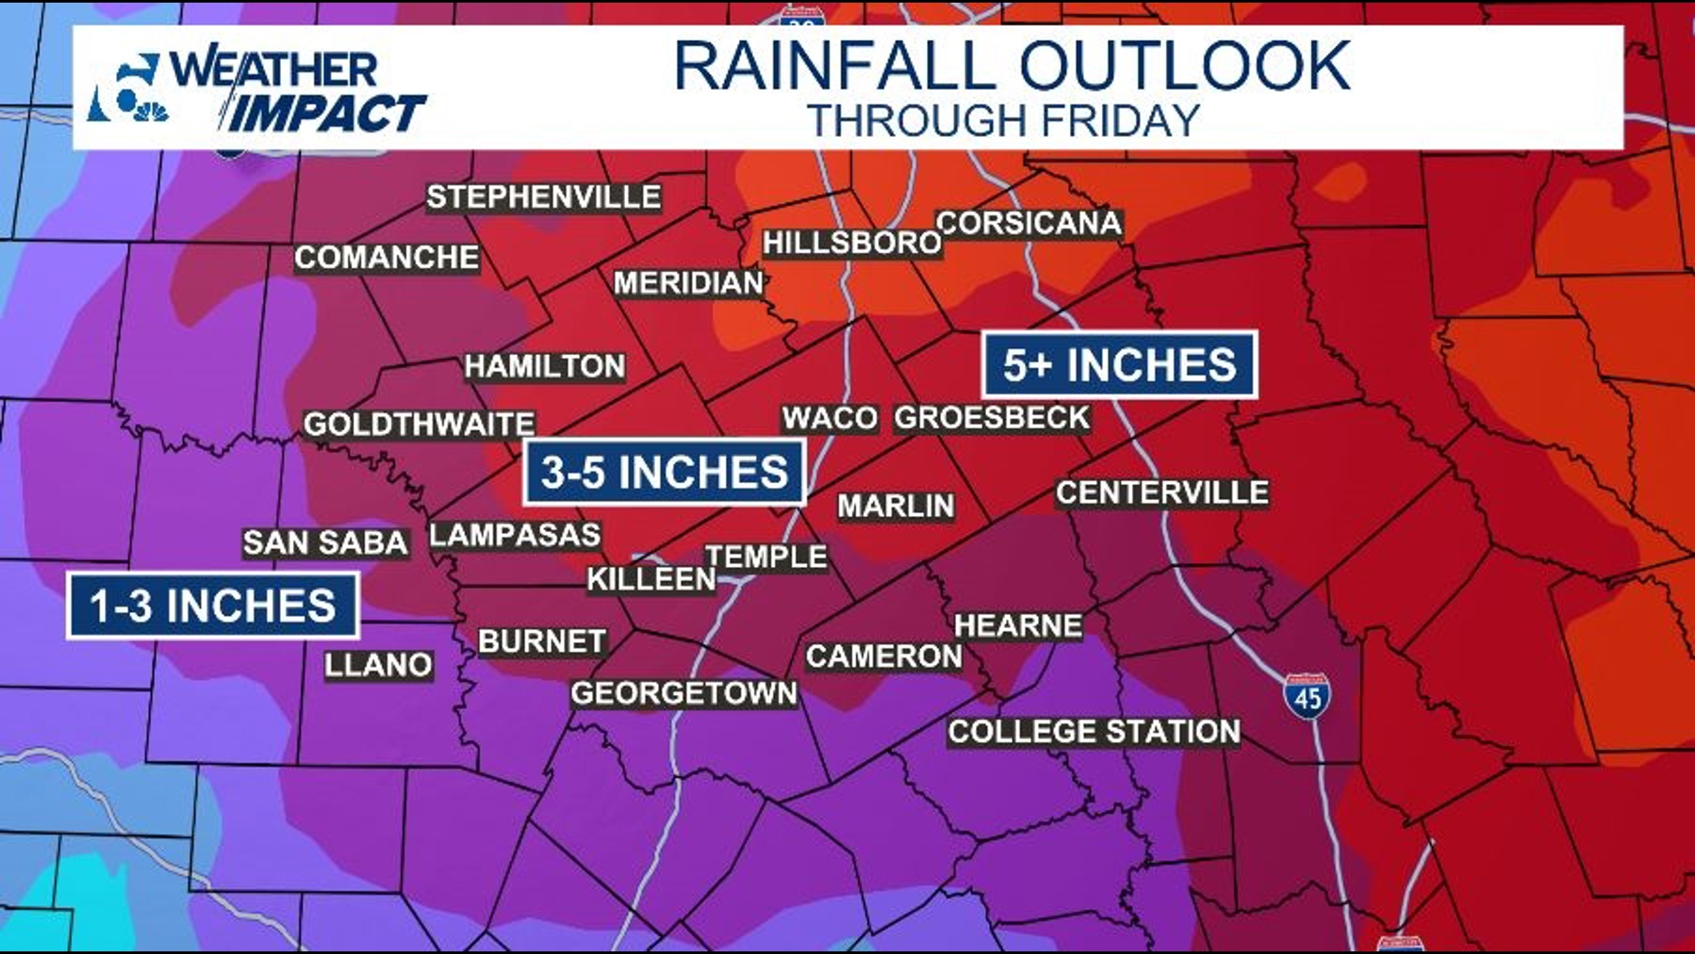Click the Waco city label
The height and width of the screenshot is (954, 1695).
830,418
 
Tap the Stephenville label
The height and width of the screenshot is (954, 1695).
544,197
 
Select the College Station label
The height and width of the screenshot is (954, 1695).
1094,731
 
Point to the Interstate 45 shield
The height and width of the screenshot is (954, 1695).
1307,696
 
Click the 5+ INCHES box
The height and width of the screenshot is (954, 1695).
1119,365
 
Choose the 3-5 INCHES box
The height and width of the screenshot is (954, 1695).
664,472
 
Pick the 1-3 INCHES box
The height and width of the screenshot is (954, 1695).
213,606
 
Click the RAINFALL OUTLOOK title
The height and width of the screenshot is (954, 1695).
1012,66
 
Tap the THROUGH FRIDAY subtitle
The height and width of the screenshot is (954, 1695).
1004,121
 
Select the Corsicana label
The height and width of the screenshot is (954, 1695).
1029,223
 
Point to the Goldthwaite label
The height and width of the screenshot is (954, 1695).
418,425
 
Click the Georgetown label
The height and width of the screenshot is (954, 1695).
684,693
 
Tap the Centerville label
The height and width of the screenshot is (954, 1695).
1162,493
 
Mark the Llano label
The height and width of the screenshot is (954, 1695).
379,664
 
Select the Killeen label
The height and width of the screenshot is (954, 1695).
652,579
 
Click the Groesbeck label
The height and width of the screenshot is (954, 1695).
992,418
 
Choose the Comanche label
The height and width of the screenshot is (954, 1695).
387,257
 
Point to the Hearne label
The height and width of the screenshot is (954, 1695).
1018,625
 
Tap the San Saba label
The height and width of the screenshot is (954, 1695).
326,542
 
